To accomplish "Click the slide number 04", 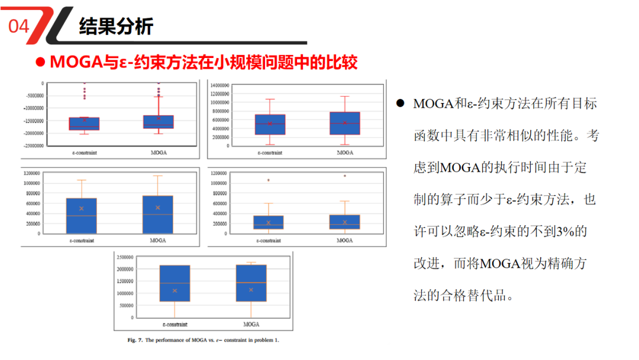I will pyautogui.click(x=19, y=27).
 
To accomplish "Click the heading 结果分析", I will pyautogui.click(x=116, y=26).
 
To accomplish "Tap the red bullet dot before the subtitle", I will pyautogui.click(x=40, y=62).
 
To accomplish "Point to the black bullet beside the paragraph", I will pyautogui.click(x=401, y=104).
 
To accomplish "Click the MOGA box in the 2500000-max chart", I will pyautogui.click(x=251, y=283).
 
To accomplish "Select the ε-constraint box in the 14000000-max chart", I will pyautogui.click(x=270, y=124).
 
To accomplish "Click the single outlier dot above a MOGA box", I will pyautogui.click(x=345, y=176).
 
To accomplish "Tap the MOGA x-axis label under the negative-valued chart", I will pyautogui.click(x=159, y=153).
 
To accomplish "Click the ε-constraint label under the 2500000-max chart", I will pyautogui.click(x=175, y=324).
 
